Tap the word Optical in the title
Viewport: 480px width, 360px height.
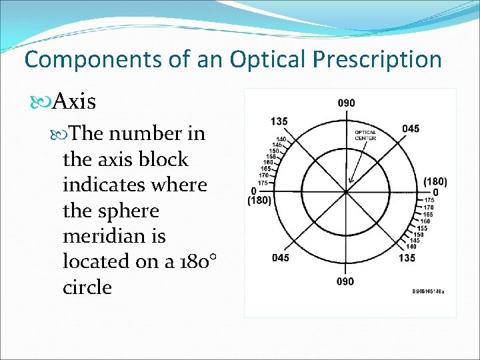click(x=263, y=59)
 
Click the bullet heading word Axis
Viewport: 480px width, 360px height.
click(x=74, y=102)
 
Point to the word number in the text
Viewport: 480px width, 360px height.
click(x=137, y=135)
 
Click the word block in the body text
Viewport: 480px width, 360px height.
click(x=163, y=160)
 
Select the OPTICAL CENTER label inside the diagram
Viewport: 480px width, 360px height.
click(x=365, y=135)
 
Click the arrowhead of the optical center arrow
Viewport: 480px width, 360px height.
click(x=349, y=181)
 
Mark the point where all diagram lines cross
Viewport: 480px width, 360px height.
click(x=346, y=192)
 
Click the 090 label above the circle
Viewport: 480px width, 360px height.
click(x=345, y=103)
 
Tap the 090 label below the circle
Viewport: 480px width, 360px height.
click(x=345, y=281)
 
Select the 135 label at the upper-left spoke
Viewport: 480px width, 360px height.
click(x=279, y=121)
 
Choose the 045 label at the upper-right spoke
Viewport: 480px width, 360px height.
click(x=411, y=129)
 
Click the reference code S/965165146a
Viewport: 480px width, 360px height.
click(x=428, y=292)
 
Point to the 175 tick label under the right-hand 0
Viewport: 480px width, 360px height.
click(x=430, y=200)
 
